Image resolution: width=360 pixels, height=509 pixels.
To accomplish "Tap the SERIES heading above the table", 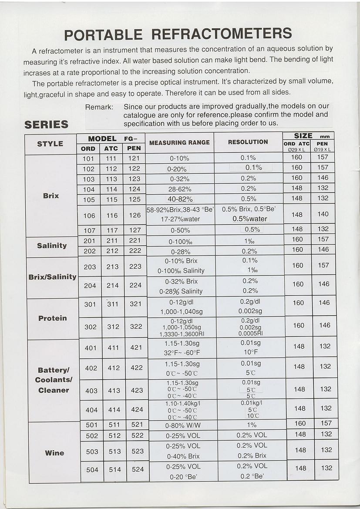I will click(x=47, y=125).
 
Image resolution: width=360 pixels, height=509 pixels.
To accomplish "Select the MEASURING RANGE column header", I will click(x=179, y=142).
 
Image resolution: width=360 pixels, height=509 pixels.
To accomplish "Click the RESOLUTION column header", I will click(x=248, y=142).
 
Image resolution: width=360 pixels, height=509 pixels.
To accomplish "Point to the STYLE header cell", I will click(x=50, y=144).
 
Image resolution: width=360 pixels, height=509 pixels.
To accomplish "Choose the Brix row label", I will click(x=51, y=196).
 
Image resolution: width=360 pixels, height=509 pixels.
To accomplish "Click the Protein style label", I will click(x=53, y=318).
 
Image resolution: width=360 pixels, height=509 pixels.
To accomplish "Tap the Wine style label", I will click(x=54, y=453).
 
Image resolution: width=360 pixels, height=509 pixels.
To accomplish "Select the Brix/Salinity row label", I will click(x=52, y=277).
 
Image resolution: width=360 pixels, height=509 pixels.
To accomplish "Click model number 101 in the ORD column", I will click(x=88, y=159).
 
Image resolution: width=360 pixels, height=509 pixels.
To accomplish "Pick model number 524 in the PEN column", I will click(x=138, y=469).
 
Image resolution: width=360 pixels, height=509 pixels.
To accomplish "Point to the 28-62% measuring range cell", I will click(x=180, y=189).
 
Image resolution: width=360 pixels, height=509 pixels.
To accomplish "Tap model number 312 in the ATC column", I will click(x=113, y=327).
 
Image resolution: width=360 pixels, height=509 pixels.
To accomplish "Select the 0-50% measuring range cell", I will click(x=180, y=230).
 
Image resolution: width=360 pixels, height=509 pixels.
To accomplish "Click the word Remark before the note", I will click(x=99, y=107).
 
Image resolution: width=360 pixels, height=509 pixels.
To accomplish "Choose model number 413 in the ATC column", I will click(x=114, y=391).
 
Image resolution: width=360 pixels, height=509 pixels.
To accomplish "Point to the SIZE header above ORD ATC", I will click(x=303, y=136).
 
